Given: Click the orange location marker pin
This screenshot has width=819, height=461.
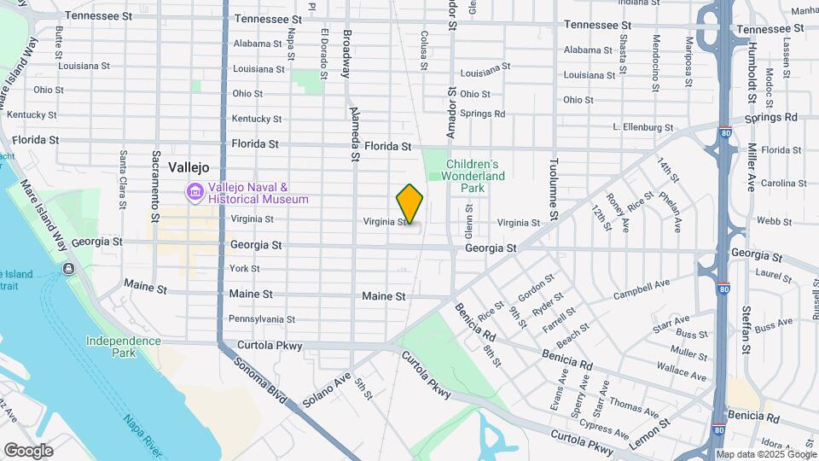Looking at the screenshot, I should (409, 203).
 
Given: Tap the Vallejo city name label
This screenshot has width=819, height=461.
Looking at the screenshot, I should (189, 167).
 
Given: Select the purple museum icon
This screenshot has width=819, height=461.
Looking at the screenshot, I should (195, 193).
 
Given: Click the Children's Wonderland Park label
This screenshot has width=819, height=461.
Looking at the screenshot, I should (473, 176).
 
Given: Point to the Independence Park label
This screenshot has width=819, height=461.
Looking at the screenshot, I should (123, 347).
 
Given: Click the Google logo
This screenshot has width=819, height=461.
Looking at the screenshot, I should (28, 450).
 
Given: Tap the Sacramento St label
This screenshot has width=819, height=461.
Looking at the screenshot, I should (156, 180).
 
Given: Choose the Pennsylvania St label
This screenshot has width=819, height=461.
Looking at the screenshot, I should (262, 319).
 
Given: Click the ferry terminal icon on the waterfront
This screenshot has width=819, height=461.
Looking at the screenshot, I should (68, 269).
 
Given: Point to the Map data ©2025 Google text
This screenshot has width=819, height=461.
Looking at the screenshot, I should (765, 454).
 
